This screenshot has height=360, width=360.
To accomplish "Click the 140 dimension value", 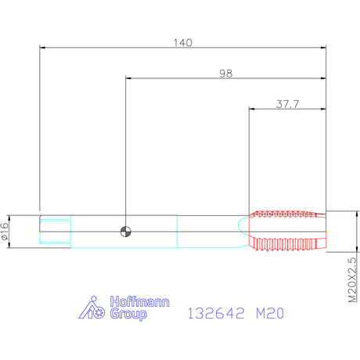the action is [183, 42].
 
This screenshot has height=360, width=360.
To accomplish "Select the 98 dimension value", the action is [225, 74].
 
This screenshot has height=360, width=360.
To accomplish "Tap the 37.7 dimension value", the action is [287, 104].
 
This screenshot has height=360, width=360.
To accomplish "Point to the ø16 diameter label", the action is [5, 231].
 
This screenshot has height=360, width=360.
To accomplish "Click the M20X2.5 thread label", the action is [352, 279].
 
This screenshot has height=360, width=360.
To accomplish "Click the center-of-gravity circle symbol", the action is [125, 232].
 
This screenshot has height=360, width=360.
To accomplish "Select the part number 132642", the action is [216, 313].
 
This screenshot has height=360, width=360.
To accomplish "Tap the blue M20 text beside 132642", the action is [270, 313].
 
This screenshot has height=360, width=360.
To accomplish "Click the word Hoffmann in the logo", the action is [139, 302].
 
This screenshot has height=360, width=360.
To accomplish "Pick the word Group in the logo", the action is [128, 314].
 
